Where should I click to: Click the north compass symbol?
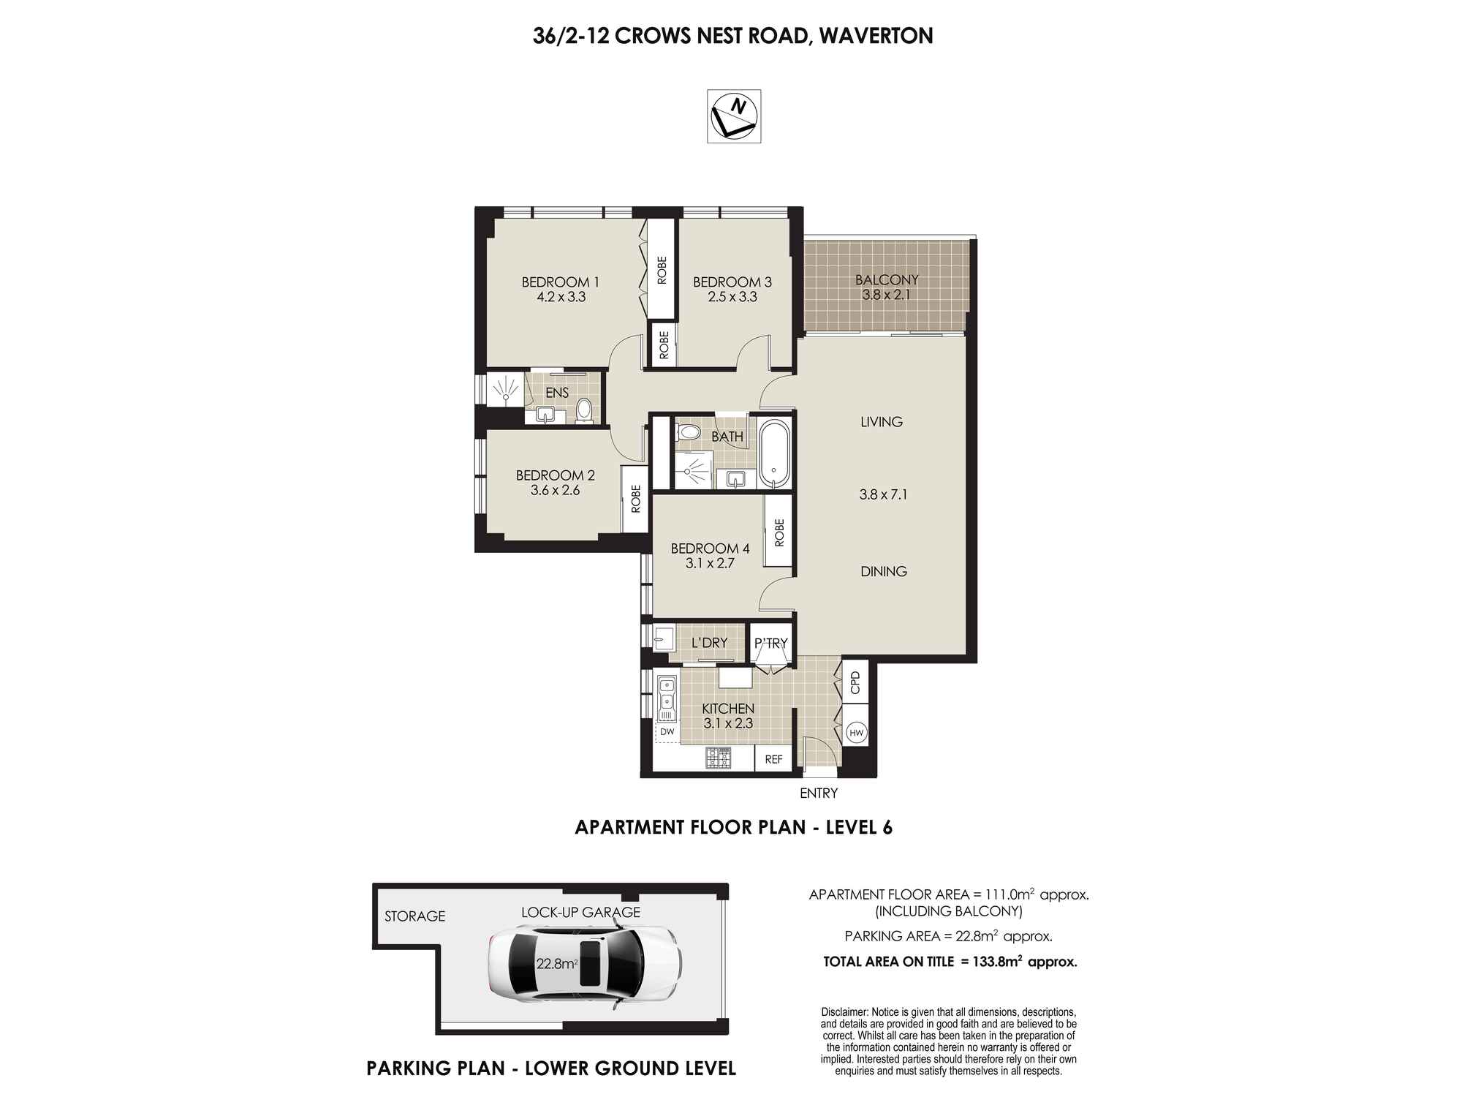(734, 116)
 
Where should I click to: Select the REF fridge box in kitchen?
(773, 759)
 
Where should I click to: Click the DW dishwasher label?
(667, 731)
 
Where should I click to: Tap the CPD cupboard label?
(855, 683)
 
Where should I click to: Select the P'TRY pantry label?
(771, 643)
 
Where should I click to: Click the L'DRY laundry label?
(709, 643)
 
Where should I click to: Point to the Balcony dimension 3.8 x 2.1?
(886, 295)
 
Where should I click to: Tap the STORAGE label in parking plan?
(414, 916)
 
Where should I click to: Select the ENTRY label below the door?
(819, 793)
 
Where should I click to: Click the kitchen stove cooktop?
(719, 758)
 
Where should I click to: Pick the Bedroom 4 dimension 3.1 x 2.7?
(709, 563)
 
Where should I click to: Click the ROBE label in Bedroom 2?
(635, 499)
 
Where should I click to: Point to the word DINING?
(883, 571)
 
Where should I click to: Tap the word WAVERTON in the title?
(876, 36)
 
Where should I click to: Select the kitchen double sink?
(667, 696)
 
